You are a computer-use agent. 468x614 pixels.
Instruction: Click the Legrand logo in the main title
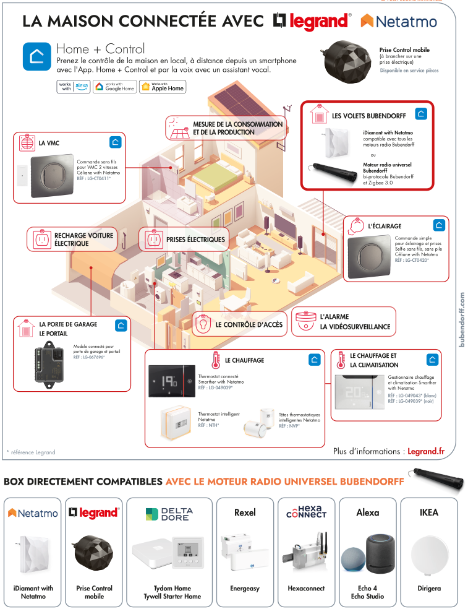(311, 21)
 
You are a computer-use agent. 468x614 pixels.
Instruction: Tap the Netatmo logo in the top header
(399, 22)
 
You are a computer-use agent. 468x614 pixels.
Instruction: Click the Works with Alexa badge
(73, 87)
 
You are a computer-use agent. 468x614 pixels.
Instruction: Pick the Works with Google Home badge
(114, 87)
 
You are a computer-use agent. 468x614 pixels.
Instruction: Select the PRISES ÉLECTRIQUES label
(195, 240)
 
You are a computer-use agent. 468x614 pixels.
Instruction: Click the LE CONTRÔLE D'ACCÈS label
(249, 324)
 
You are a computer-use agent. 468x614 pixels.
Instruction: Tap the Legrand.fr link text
(426, 452)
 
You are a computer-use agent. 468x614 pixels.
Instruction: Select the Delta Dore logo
(169, 514)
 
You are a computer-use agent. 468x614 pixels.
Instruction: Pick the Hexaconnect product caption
(306, 589)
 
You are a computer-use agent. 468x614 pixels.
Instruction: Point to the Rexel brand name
(245, 512)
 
